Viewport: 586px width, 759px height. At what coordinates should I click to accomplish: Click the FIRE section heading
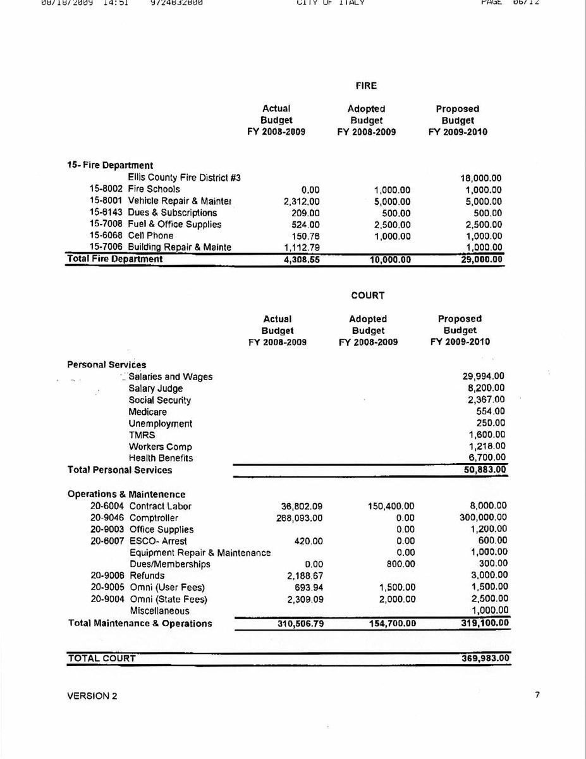coord(366,85)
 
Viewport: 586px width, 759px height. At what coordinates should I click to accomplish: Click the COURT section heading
coord(368,295)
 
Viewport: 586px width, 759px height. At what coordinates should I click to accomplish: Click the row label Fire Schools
coord(154,189)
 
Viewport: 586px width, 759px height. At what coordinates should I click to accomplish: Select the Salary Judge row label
coord(156,388)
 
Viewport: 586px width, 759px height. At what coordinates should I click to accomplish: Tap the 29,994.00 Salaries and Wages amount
coord(484,376)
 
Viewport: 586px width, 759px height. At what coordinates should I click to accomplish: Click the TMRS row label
coord(142,435)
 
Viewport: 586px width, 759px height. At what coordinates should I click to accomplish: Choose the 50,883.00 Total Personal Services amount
coord(484,470)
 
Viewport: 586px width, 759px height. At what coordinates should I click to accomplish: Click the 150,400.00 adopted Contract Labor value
coord(391,506)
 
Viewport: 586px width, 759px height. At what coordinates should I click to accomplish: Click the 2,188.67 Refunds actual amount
coord(300,576)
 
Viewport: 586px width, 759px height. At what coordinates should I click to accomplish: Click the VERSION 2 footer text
coord(92,696)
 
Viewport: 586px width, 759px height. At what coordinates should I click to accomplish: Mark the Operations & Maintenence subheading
coord(126,494)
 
